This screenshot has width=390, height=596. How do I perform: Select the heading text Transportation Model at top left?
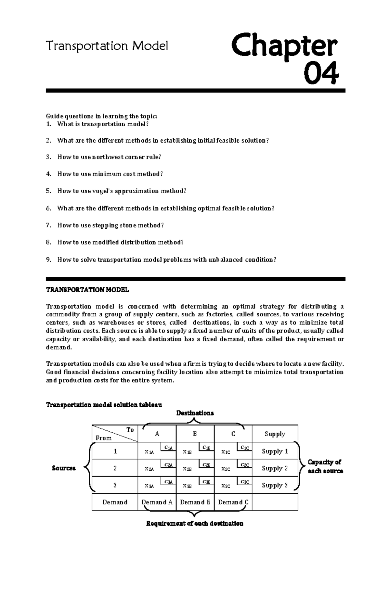click(x=107, y=46)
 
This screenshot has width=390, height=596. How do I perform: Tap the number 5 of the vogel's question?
click(x=48, y=191)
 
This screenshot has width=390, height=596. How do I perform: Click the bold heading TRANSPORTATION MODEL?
click(x=87, y=290)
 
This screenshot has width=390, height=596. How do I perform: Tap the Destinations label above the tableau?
click(x=195, y=413)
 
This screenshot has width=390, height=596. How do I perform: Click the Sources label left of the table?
click(x=64, y=468)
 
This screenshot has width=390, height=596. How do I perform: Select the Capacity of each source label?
click(x=325, y=466)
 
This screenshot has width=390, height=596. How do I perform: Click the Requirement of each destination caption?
click(x=195, y=524)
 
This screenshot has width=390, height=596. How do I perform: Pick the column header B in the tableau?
click(x=195, y=434)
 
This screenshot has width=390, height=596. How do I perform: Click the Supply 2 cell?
click(x=275, y=468)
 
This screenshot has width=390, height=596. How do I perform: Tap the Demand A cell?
click(x=157, y=502)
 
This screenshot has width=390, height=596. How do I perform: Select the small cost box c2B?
click(x=206, y=465)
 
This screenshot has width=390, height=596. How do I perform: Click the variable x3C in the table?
click(x=226, y=486)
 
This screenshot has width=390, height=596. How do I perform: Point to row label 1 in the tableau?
click(x=115, y=451)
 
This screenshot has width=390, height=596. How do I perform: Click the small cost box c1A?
click(x=168, y=448)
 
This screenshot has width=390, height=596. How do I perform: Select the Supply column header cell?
click(x=275, y=434)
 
